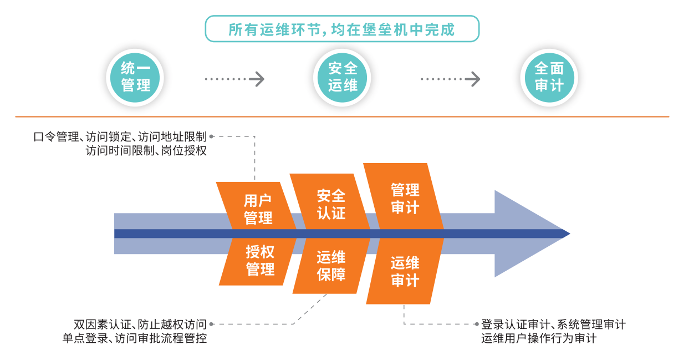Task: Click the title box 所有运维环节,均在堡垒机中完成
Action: point(341,29)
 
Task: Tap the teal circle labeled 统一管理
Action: point(136,78)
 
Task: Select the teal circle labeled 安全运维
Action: point(343,78)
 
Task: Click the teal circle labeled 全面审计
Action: point(549,78)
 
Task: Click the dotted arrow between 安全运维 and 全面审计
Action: point(450,79)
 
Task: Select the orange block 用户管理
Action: point(258,209)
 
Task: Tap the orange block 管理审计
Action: point(405,198)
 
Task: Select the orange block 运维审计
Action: point(405,271)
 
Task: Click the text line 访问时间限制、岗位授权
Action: point(146,150)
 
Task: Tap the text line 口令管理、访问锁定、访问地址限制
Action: point(120,136)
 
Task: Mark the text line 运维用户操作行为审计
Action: point(539,338)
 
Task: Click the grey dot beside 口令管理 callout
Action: point(212,136)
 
